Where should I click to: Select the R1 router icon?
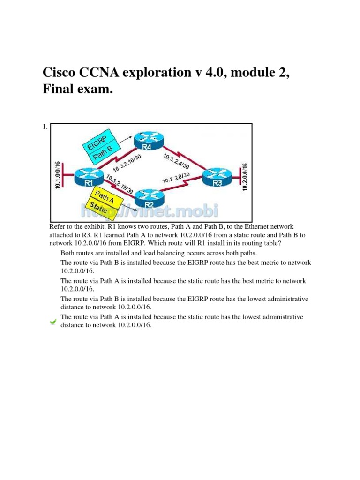coord(87,177)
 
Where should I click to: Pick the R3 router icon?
coord(217,177)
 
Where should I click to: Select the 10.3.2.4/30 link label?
coord(177,162)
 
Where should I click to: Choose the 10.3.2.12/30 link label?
coord(119,187)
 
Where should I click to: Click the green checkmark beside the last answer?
coord(53,322)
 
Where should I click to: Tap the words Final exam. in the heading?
coord(78,89)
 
